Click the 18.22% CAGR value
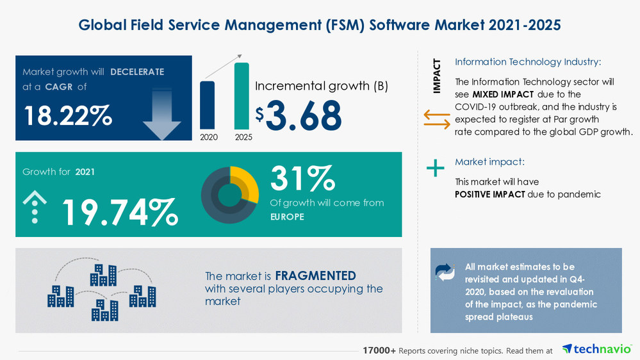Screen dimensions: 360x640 click(x=68, y=115)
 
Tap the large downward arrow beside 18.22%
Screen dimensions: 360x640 click(x=162, y=114)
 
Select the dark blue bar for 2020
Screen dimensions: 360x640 click(x=208, y=105)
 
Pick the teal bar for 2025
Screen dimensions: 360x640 click(x=242, y=96)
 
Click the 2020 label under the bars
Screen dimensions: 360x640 click(x=208, y=137)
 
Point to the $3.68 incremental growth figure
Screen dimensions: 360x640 click(x=299, y=115)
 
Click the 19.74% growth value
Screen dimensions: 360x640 click(x=119, y=213)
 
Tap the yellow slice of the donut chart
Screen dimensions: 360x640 click(x=247, y=182)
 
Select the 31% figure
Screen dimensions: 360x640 click(x=302, y=178)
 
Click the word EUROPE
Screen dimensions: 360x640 click(x=287, y=217)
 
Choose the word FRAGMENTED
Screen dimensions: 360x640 click(x=315, y=276)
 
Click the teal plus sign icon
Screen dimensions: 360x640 click(x=436, y=168)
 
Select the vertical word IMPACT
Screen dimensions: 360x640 click(x=437, y=76)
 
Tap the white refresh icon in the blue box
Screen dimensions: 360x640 click(x=445, y=272)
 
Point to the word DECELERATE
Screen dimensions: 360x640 click(x=136, y=72)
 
